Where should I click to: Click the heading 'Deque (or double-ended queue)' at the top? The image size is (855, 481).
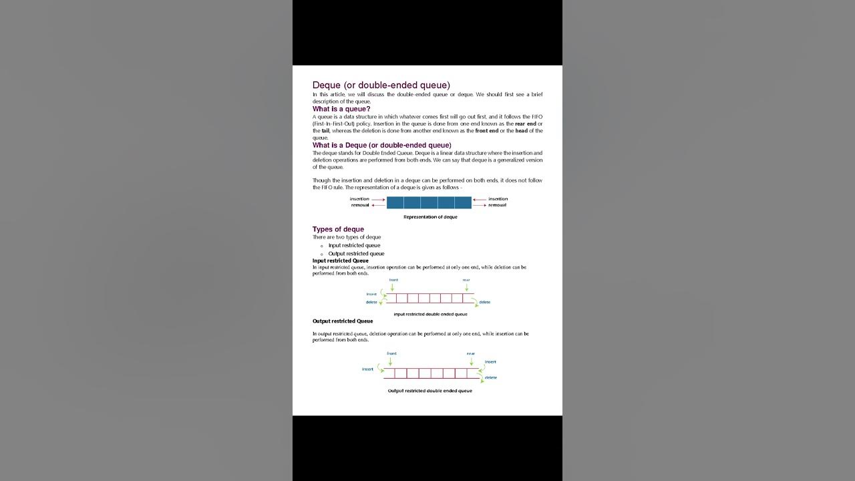[x=381, y=86]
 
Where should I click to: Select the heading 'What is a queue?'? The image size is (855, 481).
[x=341, y=109]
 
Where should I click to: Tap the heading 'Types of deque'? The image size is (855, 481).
[x=338, y=229]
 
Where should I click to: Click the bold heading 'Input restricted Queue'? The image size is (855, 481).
[x=340, y=261]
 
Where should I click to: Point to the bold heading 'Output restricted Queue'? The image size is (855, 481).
[x=343, y=321]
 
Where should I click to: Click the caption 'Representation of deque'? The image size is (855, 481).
[x=430, y=217]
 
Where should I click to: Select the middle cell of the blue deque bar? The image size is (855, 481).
[x=429, y=202]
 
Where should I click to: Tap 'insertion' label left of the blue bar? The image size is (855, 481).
[x=359, y=199]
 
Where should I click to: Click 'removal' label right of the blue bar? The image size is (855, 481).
[x=497, y=205]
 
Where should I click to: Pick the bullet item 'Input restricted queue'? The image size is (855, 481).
[x=354, y=245]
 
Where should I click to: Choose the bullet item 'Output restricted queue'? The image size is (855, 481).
[x=356, y=254]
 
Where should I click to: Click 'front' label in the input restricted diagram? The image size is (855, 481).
[x=393, y=280]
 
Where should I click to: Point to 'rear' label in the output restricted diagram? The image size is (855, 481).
[x=471, y=353]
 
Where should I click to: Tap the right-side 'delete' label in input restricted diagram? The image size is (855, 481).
[x=484, y=302]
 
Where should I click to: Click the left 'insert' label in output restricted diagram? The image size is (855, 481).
[x=367, y=369]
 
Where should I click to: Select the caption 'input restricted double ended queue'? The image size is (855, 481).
[x=430, y=314]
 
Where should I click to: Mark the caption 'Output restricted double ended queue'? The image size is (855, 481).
[x=430, y=391]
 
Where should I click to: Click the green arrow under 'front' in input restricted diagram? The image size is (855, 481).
[x=392, y=287]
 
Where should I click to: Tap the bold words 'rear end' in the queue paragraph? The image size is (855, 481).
[x=525, y=124]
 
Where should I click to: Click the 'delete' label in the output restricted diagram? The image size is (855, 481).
[x=491, y=377]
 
